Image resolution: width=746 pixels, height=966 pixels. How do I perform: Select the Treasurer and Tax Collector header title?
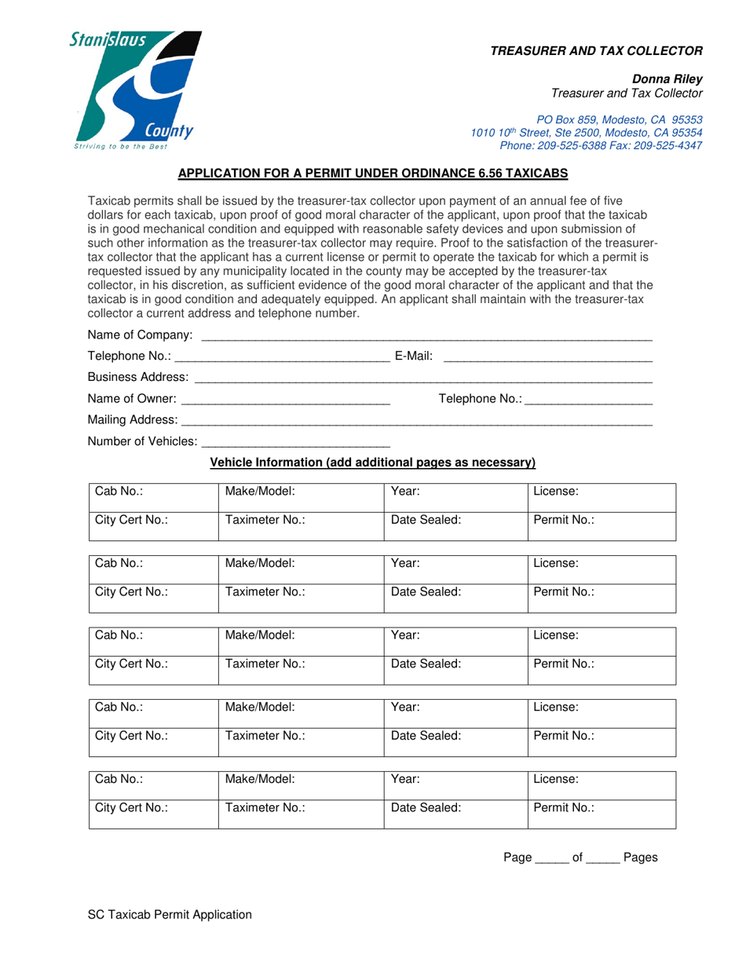(x=596, y=51)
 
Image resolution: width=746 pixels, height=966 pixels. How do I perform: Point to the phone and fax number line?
(x=601, y=145)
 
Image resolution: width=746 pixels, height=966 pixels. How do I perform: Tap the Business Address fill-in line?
(x=423, y=379)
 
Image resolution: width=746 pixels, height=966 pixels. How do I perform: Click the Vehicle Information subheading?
(x=373, y=463)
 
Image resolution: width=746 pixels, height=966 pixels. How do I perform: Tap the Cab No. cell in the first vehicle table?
(x=152, y=498)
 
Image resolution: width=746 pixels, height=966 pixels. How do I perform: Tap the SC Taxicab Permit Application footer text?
(x=170, y=914)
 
